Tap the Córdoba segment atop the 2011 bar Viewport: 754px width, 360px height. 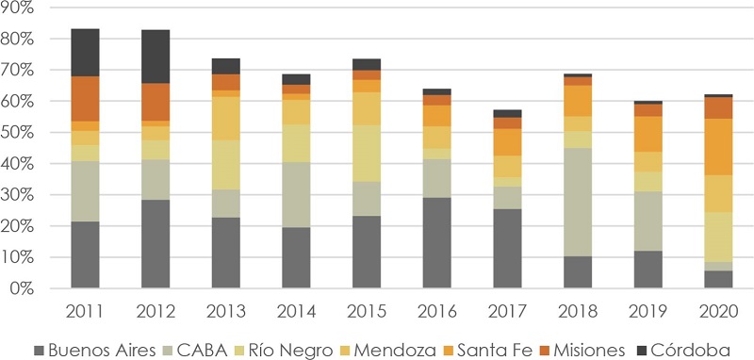(x=86, y=53)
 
